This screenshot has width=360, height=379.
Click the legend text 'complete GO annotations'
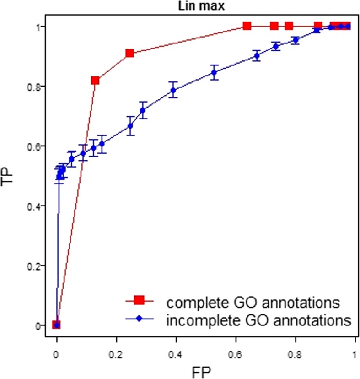point(253,303)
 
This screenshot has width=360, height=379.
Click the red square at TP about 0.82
point(95,81)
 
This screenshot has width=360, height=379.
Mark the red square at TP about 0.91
point(129,54)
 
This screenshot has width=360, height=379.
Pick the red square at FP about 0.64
point(247,26)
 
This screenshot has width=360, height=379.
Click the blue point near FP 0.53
point(214,72)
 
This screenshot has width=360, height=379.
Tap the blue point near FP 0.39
point(173,90)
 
